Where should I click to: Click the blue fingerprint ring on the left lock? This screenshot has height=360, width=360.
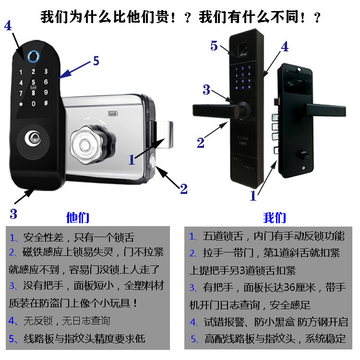33,57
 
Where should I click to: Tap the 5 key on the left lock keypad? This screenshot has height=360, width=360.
33,82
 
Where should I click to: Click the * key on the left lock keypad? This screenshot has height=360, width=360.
21,104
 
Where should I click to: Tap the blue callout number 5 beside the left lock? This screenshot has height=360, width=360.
96,61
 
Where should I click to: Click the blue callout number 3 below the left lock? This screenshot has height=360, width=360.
13,214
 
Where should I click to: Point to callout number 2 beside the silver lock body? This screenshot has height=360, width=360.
183,189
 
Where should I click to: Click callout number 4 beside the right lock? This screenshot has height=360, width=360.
285,47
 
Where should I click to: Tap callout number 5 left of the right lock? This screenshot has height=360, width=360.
214,46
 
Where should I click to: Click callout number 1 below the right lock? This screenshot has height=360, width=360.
253,195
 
